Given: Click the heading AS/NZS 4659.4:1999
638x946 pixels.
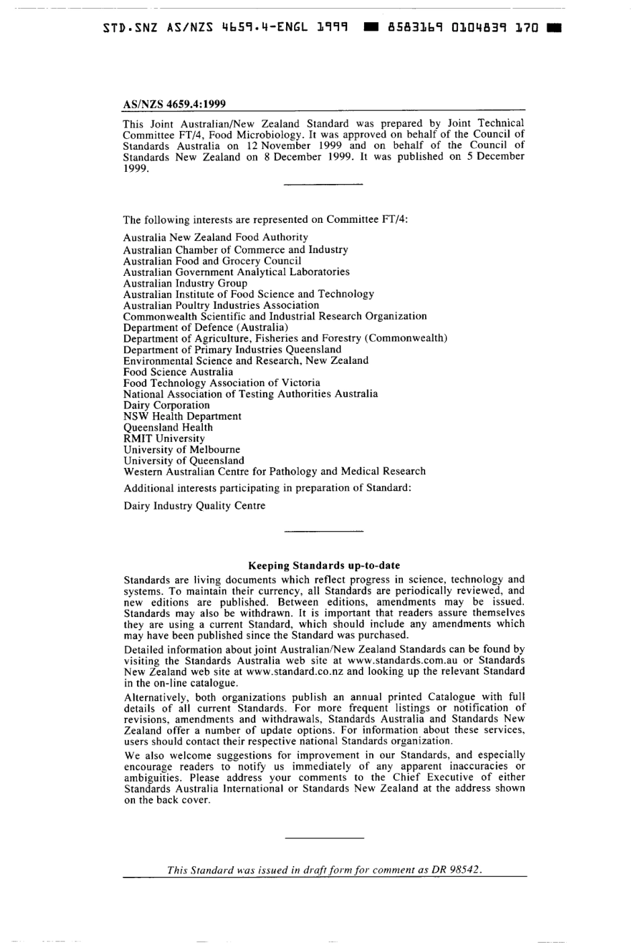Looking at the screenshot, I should pyautogui.click(x=174, y=104).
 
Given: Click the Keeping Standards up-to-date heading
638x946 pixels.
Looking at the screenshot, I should pyautogui.click(x=324, y=565).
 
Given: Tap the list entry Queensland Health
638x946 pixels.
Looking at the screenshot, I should pyautogui.click(x=168, y=427).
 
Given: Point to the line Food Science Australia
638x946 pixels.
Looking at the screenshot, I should pyautogui.click(x=178, y=371).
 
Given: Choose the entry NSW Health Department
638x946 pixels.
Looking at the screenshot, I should pyautogui.click(x=182, y=416).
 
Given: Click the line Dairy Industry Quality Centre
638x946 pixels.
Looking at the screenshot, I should pyautogui.click(x=194, y=506).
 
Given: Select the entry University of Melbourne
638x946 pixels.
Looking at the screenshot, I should pyautogui.click(x=181, y=449).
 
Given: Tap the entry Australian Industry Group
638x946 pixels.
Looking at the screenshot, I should pyautogui.click(x=185, y=283).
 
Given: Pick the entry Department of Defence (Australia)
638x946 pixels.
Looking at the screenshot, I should pyautogui.click(x=196, y=327).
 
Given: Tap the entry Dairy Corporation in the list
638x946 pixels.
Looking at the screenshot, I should pyautogui.click(x=167, y=405).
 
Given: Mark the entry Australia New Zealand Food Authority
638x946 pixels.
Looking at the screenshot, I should pyautogui.click(x=216, y=237).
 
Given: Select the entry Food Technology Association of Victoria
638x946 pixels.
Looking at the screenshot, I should pyautogui.click(x=222, y=383).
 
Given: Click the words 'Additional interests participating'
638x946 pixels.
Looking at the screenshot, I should pyautogui.click(x=201, y=488).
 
